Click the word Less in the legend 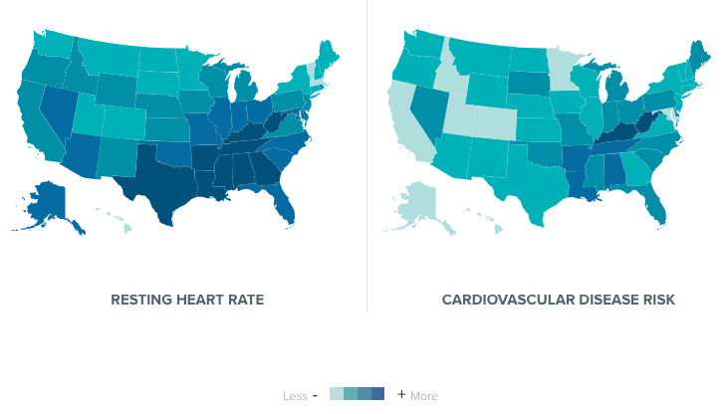295,396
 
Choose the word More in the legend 424,396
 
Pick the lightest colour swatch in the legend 337,394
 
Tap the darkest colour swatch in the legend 378,394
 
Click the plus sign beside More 401,394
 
